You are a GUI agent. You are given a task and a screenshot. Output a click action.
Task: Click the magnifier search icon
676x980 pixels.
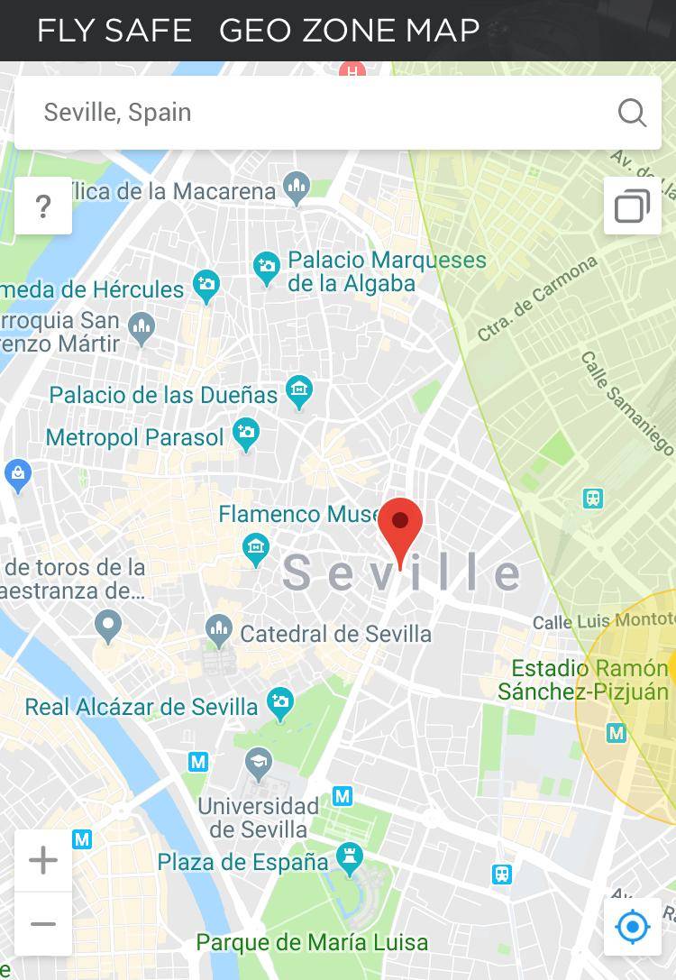pyautogui.click(x=632, y=113)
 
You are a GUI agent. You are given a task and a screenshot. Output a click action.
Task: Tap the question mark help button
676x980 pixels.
pyautogui.click(x=43, y=206)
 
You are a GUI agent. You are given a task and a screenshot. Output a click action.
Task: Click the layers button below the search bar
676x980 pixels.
pyautogui.click(x=632, y=206)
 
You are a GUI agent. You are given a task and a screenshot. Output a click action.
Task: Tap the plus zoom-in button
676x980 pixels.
pyautogui.click(x=43, y=860)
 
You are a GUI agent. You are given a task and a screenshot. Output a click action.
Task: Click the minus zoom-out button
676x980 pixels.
pyautogui.click(x=43, y=924)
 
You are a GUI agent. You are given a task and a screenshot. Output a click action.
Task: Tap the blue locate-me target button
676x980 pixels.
pyautogui.click(x=632, y=926)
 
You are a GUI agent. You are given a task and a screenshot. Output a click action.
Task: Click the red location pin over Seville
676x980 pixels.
pyautogui.click(x=400, y=528)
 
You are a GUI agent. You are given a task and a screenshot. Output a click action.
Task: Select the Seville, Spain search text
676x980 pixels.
pyautogui.click(x=118, y=113)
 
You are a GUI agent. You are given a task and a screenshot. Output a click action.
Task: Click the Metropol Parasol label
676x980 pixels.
pyautogui.click(x=134, y=437)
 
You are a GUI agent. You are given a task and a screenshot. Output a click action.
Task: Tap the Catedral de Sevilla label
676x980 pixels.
pyautogui.click(x=335, y=634)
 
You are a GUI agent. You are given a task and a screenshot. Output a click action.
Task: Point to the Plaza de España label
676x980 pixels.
pyautogui.click(x=242, y=862)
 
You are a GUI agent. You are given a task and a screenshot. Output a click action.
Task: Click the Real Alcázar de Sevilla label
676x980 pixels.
pyautogui.click(x=141, y=707)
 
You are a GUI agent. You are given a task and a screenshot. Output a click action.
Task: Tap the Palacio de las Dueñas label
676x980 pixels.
pyautogui.click(x=163, y=395)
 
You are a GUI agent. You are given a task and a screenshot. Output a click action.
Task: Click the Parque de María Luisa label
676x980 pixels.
pyautogui.click(x=312, y=943)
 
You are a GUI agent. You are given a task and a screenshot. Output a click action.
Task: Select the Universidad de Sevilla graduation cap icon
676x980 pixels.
pyautogui.click(x=259, y=762)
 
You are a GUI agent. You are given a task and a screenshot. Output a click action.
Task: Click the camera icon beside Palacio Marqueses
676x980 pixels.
pyautogui.click(x=267, y=267)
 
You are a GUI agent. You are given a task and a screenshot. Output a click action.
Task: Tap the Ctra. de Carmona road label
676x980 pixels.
pyautogui.click(x=537, y=298)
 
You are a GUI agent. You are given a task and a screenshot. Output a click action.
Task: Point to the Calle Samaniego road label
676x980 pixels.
pyautogui.click(x=627, y=402)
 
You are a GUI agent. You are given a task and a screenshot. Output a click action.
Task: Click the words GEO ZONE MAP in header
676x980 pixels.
pyautogui.click(x=349, y=31)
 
